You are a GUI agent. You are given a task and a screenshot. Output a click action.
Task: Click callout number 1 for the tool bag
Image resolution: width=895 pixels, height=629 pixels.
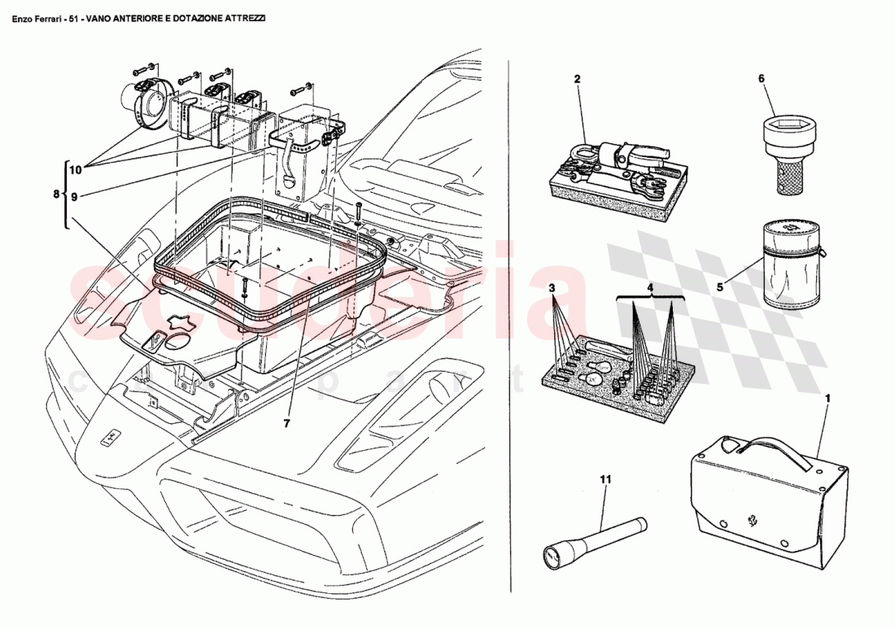pyautogui.click(x=827, y=400)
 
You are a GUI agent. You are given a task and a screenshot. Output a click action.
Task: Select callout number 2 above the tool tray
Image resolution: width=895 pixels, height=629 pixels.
pyautogui.click(x=577, y=79)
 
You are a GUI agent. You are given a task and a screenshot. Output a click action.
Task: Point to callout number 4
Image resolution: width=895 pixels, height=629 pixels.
pyautogui.click(x=650, y=288)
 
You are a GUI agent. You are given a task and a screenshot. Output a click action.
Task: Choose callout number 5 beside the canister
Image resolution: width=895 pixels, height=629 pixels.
pyautogui.click(x=718, y=287)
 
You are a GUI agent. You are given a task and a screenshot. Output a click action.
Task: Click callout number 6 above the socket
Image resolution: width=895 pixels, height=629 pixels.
pyautogui.click(x=762, y=79)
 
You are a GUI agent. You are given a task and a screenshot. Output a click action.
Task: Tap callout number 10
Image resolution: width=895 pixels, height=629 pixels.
pyautogui.click(x=76, y=170)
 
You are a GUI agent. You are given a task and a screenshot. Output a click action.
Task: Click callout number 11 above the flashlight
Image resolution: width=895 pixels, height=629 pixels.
pyautogui.click(x=605, y=480)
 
